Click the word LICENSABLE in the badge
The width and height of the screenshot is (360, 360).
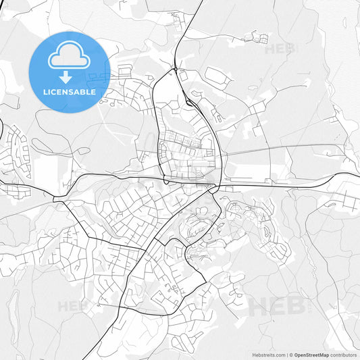coord(69,92)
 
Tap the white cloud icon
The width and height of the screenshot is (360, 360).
coord(69,55)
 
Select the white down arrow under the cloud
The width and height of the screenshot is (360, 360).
coord(66,76)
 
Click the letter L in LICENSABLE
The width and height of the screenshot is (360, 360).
coord(45,92)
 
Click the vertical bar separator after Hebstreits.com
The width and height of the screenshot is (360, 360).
coord(288,355)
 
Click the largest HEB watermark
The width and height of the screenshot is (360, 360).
coord(274,306)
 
